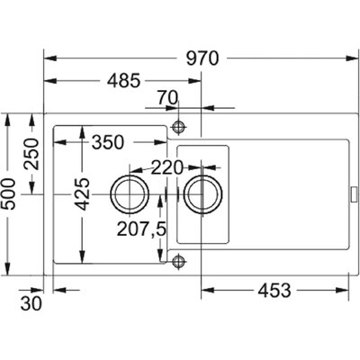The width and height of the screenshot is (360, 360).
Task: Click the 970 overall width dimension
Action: (202, 58)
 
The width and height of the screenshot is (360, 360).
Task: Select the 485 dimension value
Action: (124, 81)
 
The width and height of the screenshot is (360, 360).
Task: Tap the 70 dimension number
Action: (167, 98)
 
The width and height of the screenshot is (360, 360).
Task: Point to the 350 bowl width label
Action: (108, 142)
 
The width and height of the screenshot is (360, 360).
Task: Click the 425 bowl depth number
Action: (82, 194)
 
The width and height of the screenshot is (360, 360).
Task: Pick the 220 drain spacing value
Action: (166, 167)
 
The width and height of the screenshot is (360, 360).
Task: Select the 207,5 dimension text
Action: (141, 229)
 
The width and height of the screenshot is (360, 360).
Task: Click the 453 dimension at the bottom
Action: (274, 290)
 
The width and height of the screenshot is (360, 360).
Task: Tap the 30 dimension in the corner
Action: (31, 304)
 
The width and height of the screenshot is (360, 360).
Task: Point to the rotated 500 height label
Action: (8, 194)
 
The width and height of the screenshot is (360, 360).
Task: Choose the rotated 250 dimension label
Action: (31, 154)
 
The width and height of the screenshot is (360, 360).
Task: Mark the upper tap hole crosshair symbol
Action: (178, 127)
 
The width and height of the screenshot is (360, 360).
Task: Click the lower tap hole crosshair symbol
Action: (178, 260)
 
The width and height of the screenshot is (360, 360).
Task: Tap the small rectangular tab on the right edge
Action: (354, 194)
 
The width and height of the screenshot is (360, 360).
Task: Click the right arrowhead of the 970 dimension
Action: (350, 58)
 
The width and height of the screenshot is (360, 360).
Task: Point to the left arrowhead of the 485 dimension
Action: (49, 81)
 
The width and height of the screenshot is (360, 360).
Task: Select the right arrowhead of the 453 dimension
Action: (343, 290)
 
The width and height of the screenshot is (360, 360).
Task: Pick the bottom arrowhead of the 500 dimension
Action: (8, 269)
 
